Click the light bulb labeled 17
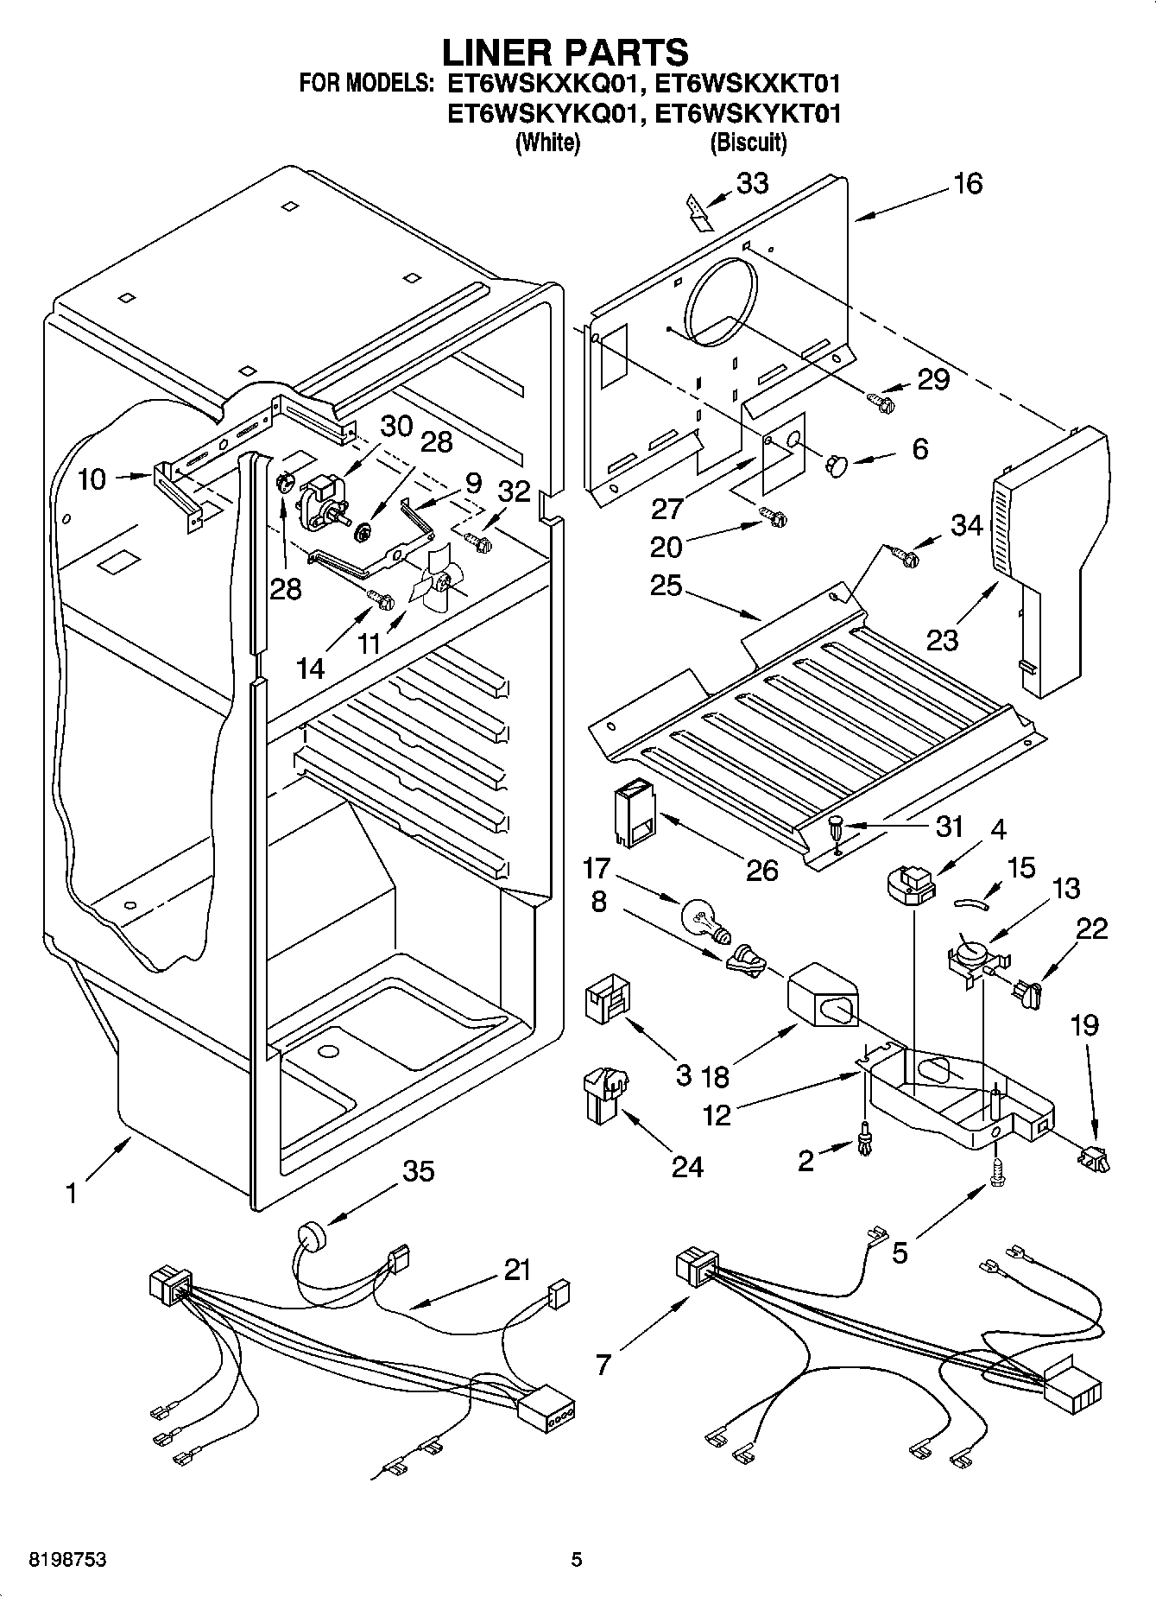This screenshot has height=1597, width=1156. click(704, 919)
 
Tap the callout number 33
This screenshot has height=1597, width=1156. click(752, 184)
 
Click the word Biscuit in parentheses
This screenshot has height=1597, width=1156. click(748, 143)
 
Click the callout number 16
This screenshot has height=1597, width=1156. click(968, 184)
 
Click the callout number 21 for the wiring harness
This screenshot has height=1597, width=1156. click(517, 1271)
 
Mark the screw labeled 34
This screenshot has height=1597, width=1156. click(906, 558)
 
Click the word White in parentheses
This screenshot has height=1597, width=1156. click(547, 143)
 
